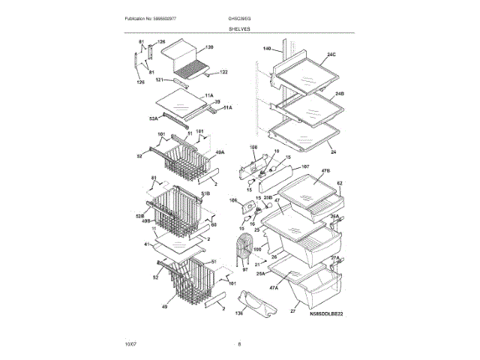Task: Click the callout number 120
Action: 209,47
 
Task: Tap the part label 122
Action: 223,73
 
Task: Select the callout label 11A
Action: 209,95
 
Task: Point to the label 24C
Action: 331,55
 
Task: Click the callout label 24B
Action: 339,94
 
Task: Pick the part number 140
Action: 266,49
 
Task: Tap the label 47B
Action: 326,172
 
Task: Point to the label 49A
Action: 220,153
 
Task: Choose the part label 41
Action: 147,244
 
